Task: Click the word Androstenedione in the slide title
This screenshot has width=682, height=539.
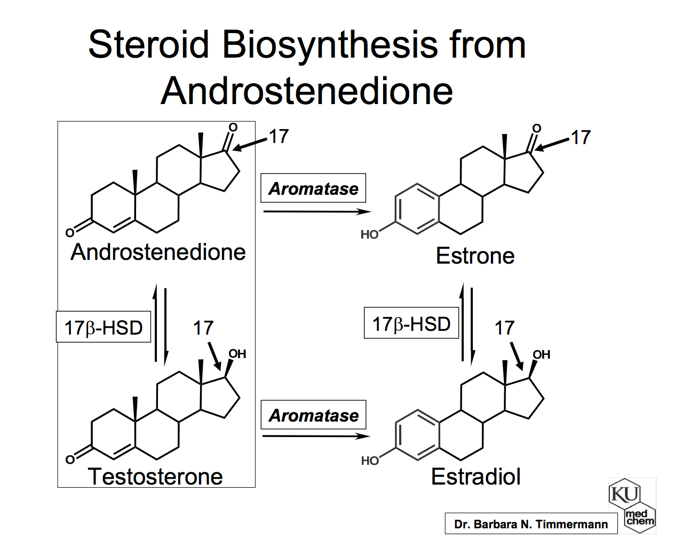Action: click(x=307, y=91)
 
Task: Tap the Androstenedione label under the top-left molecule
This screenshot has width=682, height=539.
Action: click(x=158, y=252)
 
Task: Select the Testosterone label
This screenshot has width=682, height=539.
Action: click(x=155, y=476)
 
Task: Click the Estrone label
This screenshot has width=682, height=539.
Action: click(x=475, y=256)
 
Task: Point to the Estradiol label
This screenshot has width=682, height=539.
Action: click(x=475, y=476)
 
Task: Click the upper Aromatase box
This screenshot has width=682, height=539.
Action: click(x=313, y=188)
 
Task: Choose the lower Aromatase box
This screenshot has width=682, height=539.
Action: click(x=313, y=415)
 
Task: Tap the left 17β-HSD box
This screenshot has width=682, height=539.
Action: click(x=104, y=327)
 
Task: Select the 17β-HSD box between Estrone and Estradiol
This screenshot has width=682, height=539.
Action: click(x=411, y=323)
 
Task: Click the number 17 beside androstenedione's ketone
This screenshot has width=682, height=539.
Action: click(x=278, y=137)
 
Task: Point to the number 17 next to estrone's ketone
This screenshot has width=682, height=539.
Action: click(x=581, y=138)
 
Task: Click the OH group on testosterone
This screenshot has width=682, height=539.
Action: click(x=237, y=354)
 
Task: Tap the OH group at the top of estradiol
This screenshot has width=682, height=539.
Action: click(x=541, y=354)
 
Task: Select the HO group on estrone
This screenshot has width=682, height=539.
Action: click(x=369, y=234)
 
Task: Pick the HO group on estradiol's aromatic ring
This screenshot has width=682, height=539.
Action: click(x=369, y=461)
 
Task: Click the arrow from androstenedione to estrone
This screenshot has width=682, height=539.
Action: click(x=316, y=212)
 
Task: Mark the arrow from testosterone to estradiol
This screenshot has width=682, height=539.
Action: click(x=315, y=437)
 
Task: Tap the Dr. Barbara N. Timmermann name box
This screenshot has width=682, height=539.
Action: click(x=531, y=524)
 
